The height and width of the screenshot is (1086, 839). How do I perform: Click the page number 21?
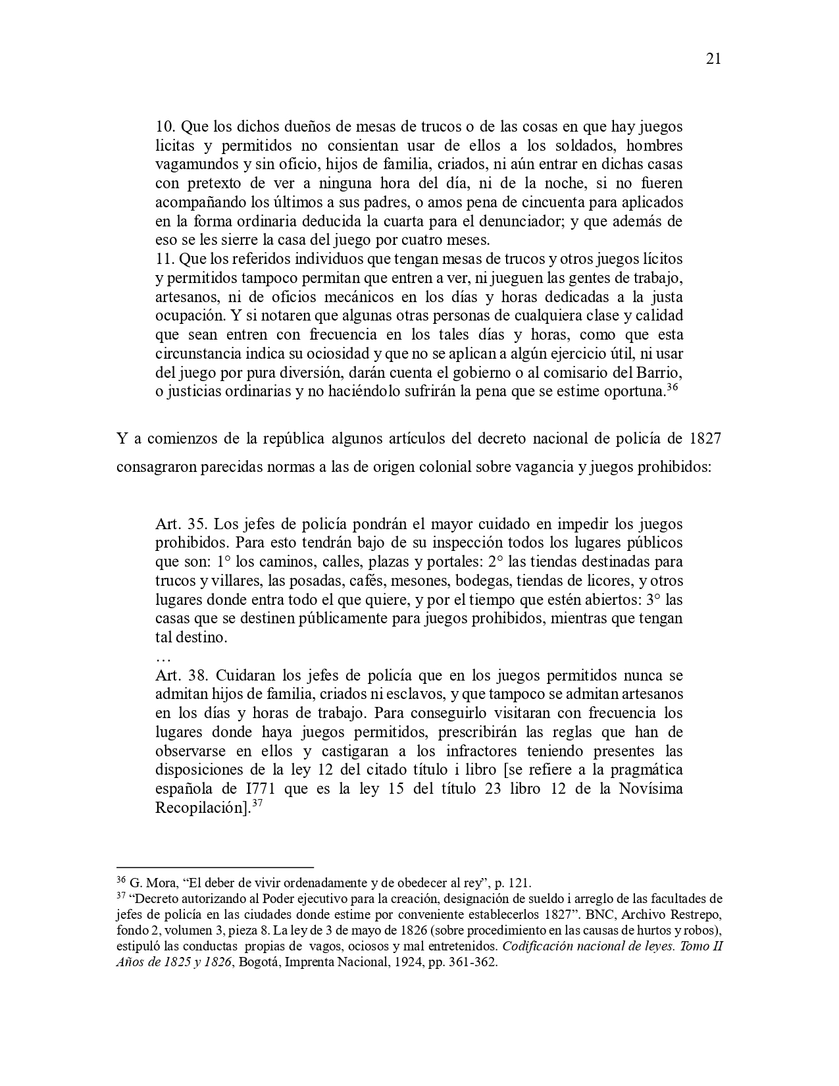pos(713,59)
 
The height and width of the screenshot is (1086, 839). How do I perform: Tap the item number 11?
pos(165,259)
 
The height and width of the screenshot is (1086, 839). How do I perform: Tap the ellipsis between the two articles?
pos(163,658)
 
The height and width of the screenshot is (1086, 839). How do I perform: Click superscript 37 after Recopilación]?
pos(258,804)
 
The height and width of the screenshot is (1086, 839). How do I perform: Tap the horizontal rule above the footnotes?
pos(215,867)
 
